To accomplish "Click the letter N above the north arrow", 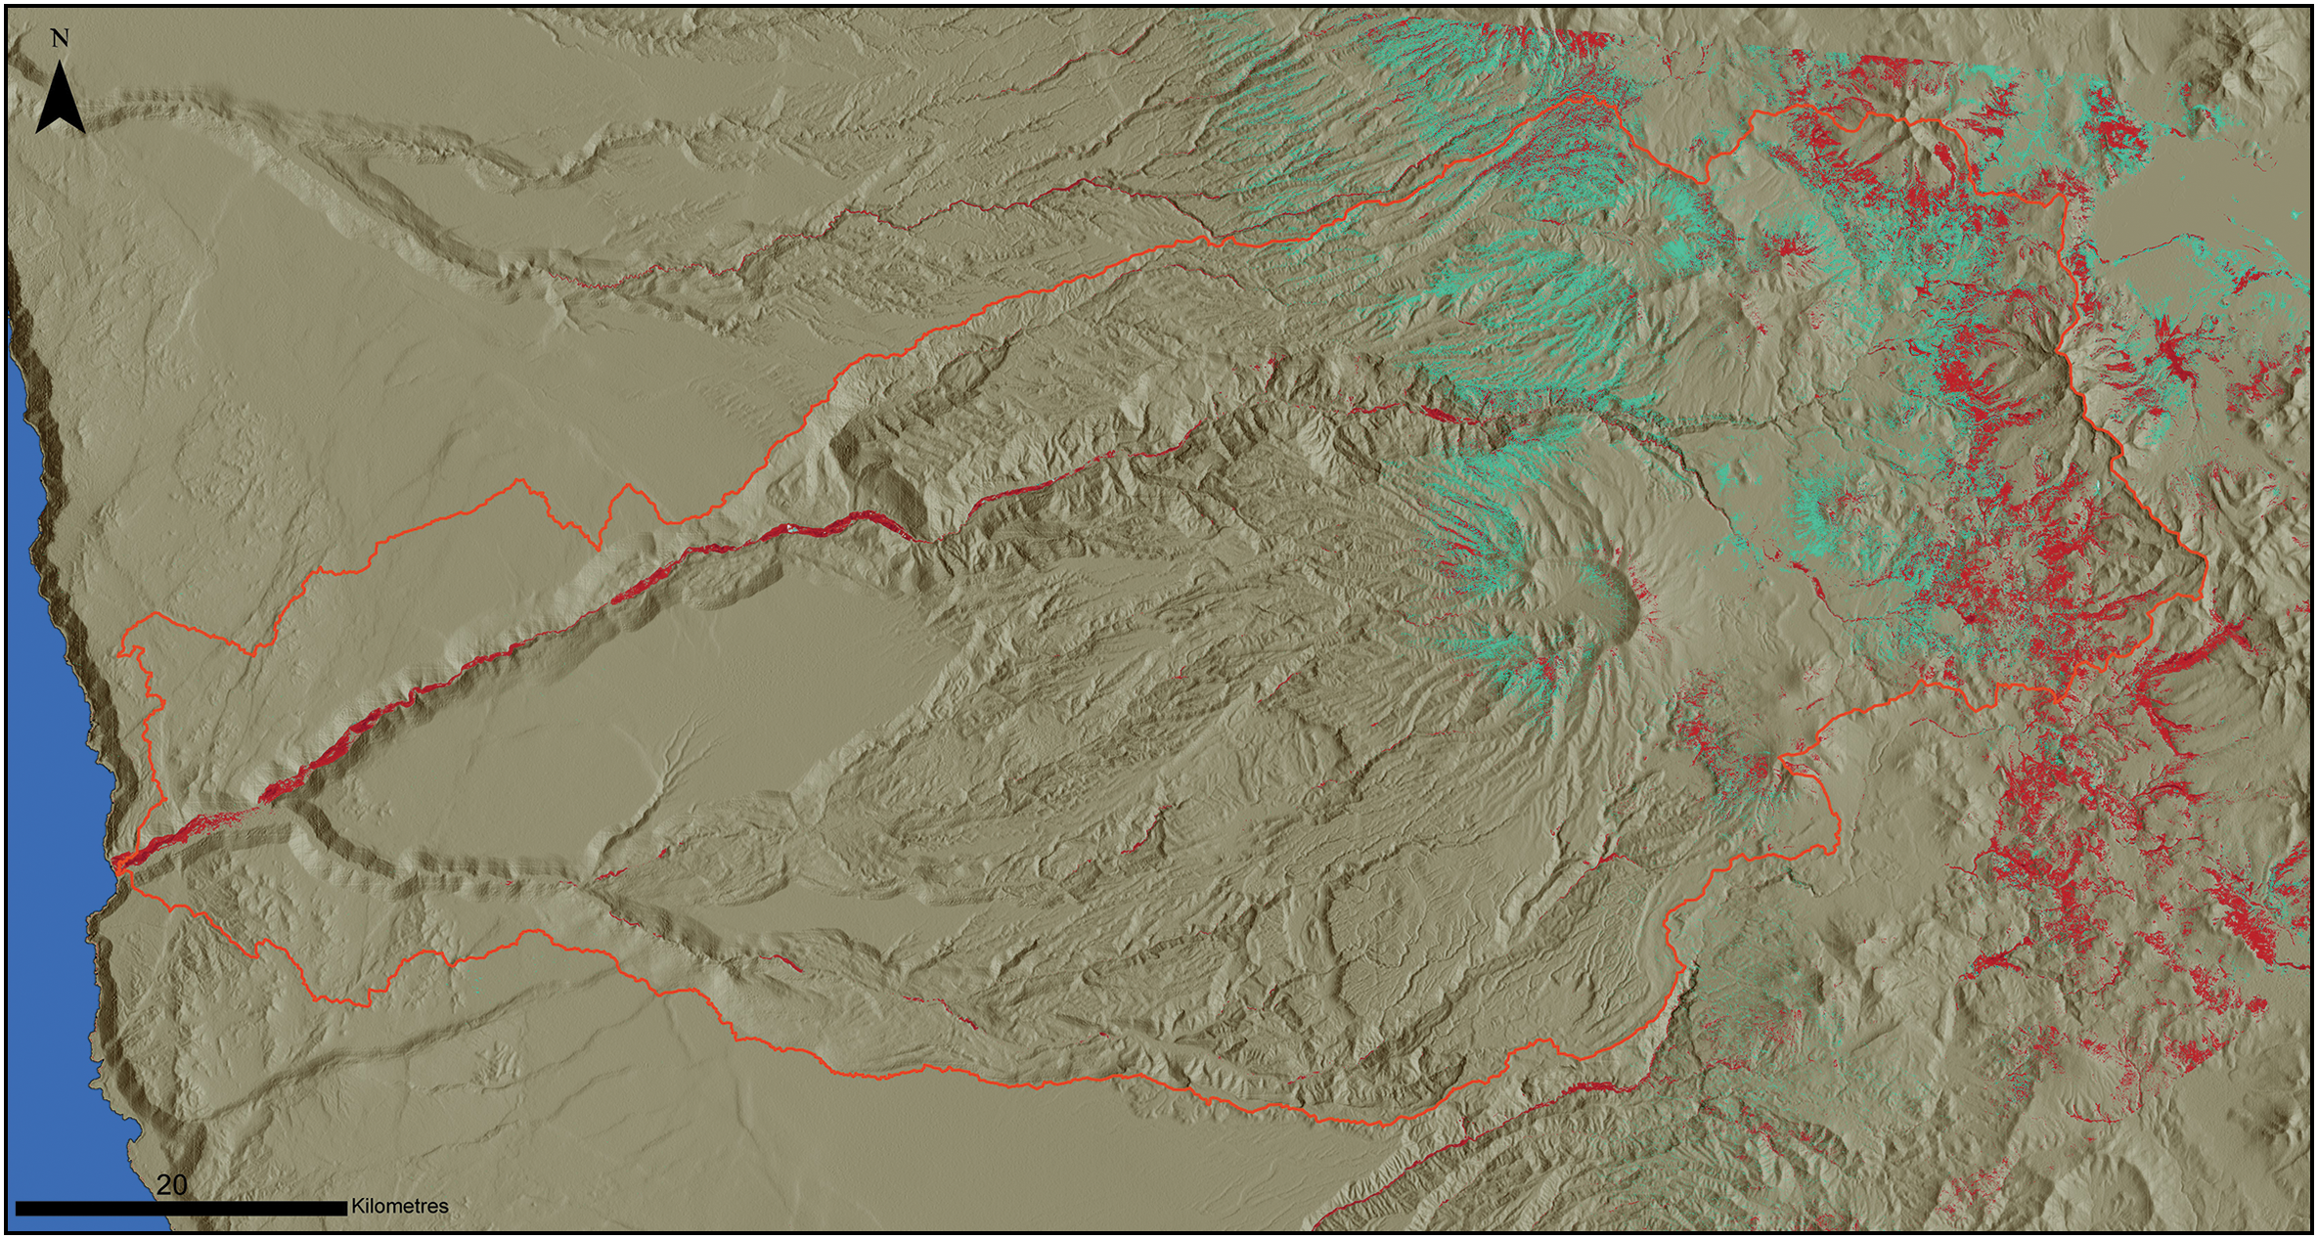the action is [x=60, y=38].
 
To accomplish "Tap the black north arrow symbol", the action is [x=61, y=99].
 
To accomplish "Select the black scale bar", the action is [x=181, y=1209].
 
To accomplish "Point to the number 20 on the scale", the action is [x=171, y=1184].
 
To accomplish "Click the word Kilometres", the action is [x=400, y=1207].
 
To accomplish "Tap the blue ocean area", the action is [x=44, y=782].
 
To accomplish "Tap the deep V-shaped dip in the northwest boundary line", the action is [x=597, y=548].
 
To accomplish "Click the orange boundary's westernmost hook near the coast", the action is [x=119, y=653].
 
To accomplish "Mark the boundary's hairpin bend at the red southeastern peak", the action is [x=1780, y=759].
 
